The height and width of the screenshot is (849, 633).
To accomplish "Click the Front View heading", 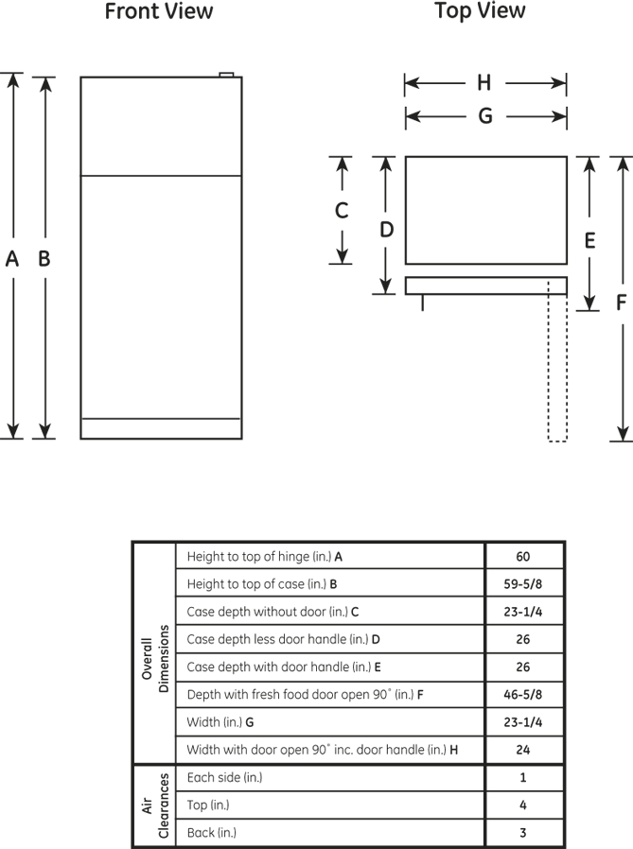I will pos(159,12).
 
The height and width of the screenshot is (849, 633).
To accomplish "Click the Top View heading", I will pos(480,11).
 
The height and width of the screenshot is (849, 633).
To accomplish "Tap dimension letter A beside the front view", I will pos(12,258).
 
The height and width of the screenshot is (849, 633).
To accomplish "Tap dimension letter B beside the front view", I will pos(44,258).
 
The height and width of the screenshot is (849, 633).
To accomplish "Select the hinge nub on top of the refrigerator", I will pos(226,73).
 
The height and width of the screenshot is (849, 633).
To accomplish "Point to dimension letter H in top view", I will pos(484,84).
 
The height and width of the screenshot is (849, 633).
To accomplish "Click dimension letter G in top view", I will pos(484,116).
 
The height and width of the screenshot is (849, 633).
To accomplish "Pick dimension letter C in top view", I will pos(343,211).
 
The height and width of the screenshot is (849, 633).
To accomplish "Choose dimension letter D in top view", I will pos(386,228).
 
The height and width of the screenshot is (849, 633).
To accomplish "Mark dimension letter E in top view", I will pos(589,241).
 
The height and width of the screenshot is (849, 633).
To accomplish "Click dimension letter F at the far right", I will pos(621,303).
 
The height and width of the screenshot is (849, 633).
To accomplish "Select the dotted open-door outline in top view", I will pos(557,369).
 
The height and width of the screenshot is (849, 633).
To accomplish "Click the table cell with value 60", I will pos(523,557).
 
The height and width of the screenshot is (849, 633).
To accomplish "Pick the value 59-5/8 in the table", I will pos(523,584).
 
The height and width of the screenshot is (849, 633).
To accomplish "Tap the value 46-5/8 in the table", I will pos(523,695).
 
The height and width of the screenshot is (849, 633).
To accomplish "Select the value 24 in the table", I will pos(523,750).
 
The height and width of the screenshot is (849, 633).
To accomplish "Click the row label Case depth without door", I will pos(273,612).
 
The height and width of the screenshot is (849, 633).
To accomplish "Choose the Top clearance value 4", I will pos(523,806).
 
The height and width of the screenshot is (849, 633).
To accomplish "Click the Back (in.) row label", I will pos(212,833).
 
